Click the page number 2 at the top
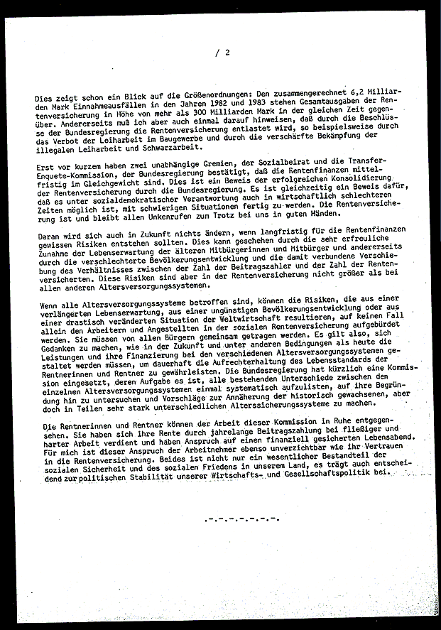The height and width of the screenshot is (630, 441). [227, 52]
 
